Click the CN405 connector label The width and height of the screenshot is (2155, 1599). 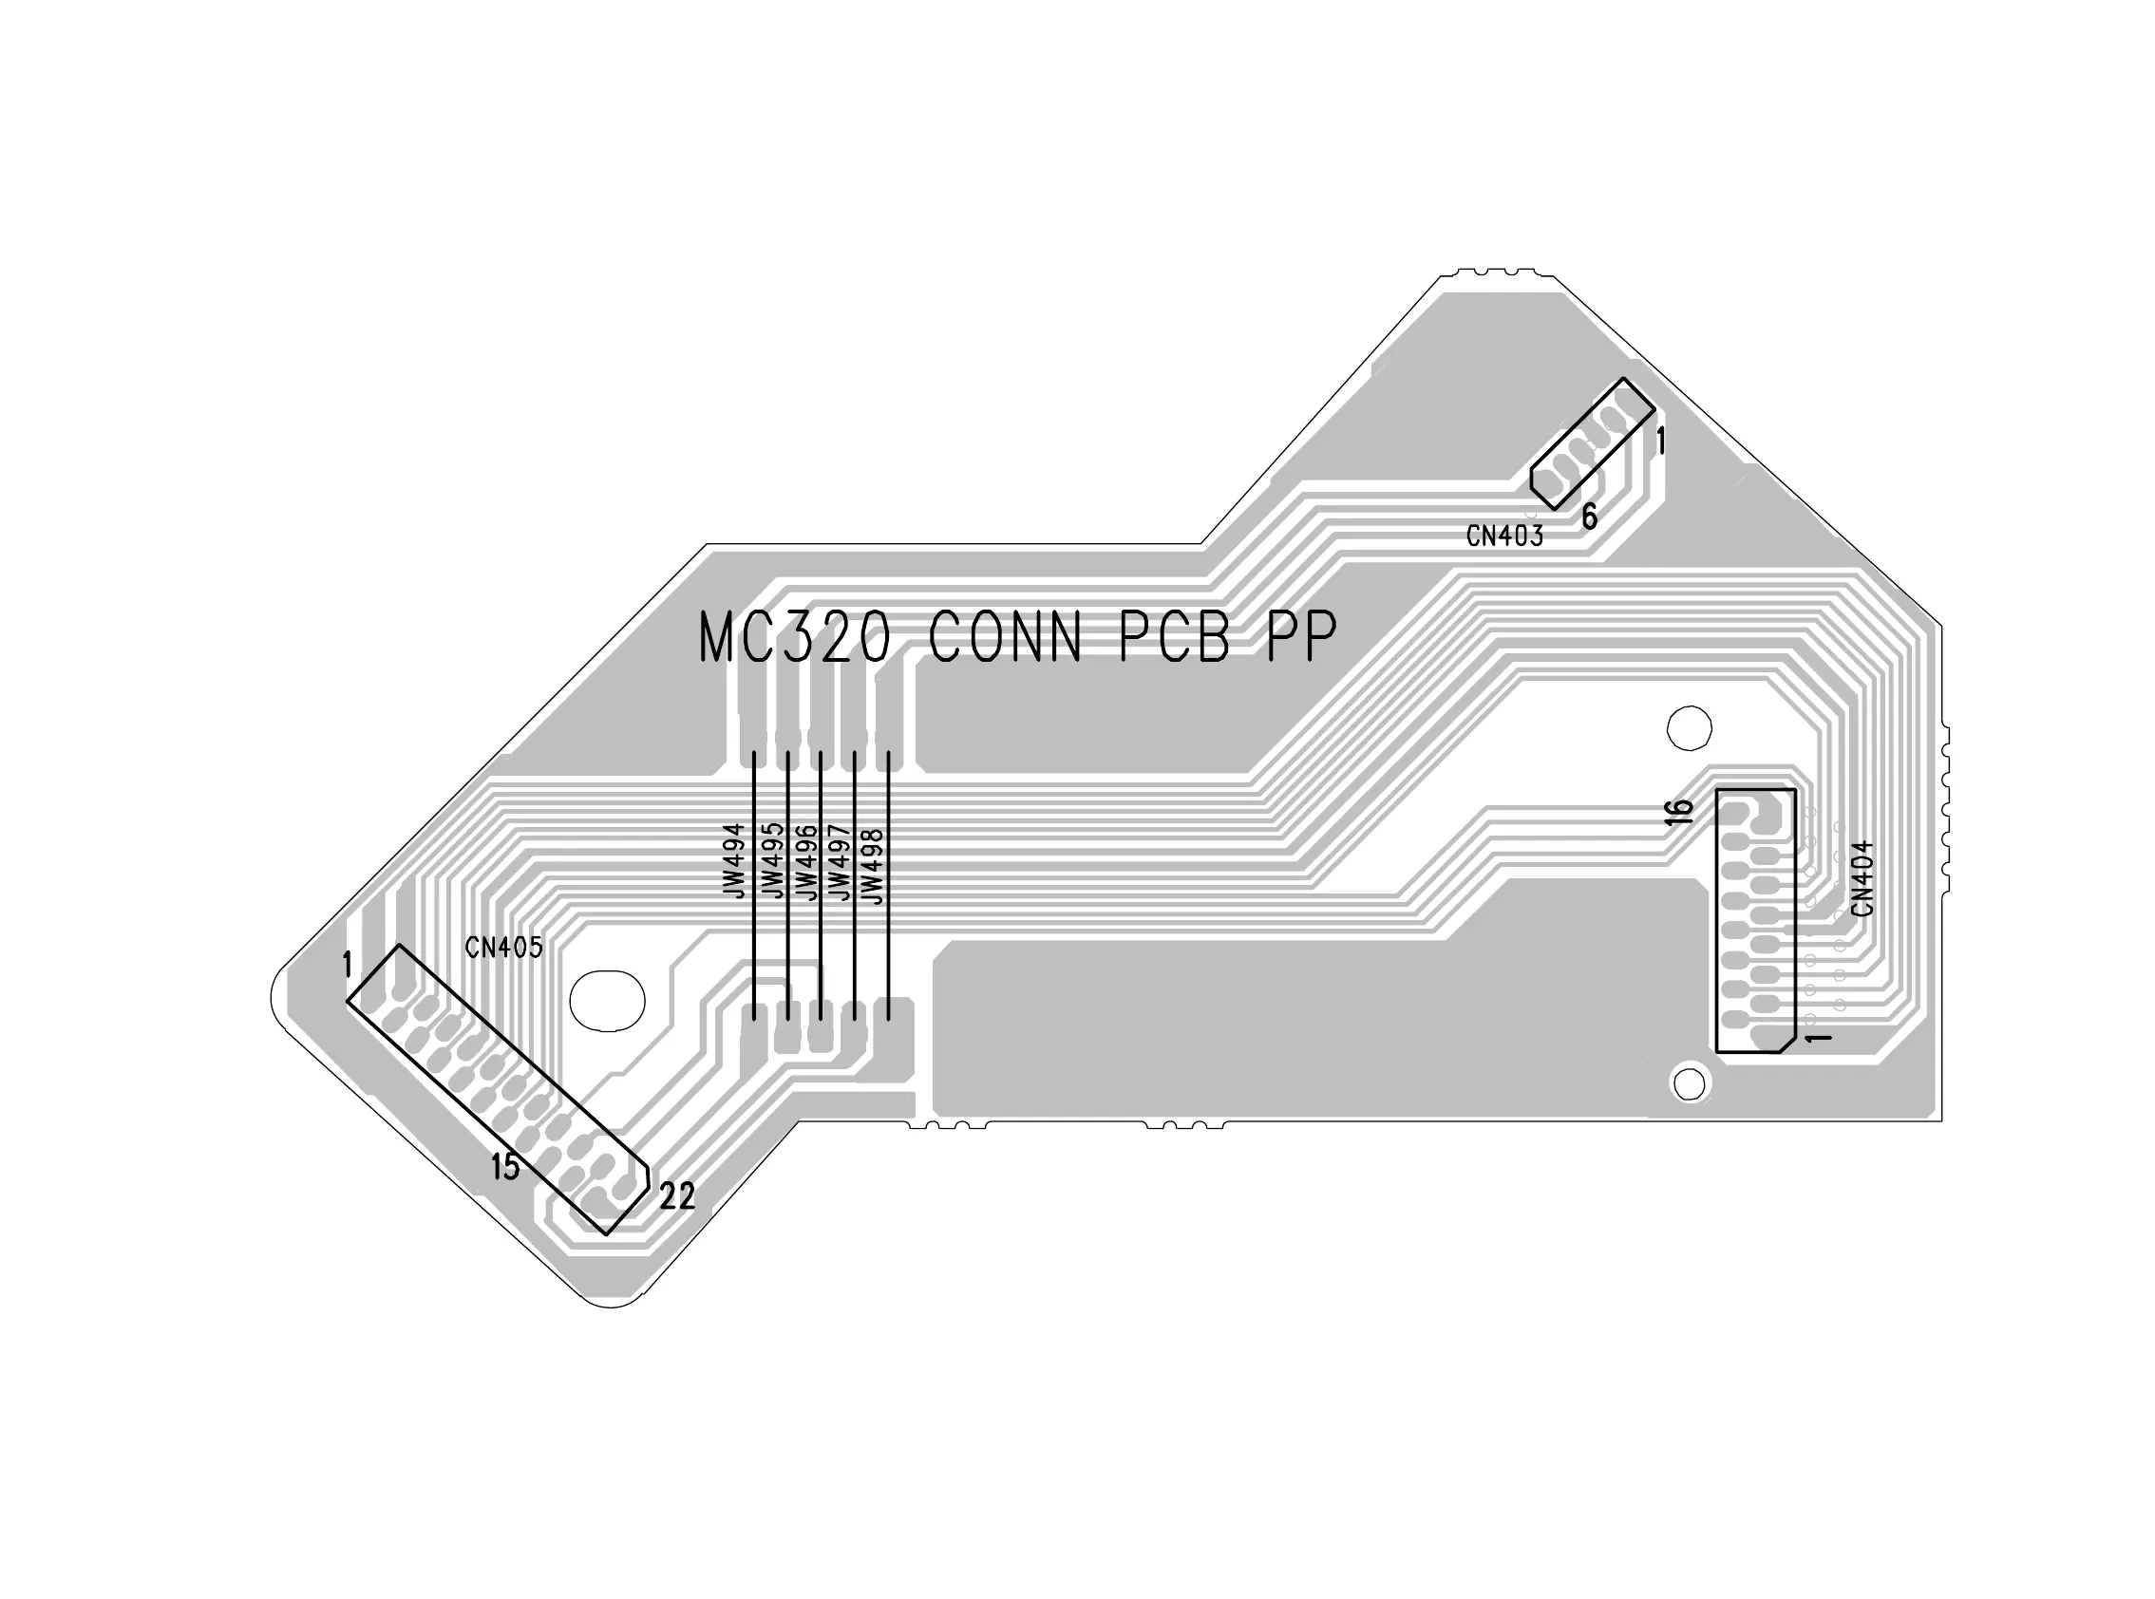click(503, 948)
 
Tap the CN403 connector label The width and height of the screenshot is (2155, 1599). click(1504, 536)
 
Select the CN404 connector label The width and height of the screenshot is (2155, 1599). click(1862, 878)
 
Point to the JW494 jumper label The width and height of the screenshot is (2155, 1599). click(735, 860)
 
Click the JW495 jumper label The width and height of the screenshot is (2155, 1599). click(771, 860)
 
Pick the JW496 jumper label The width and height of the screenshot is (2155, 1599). click(805, 860)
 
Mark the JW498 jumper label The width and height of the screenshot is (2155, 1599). click(872, 865)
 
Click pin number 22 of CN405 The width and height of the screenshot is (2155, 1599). click(677, 1197)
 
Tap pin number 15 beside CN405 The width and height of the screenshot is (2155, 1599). click(505, 1167)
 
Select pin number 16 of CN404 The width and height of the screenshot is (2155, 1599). click(1680, 811)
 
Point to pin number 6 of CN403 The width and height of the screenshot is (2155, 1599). click(1590, 517)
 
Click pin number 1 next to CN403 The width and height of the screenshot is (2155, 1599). click(1661, 442)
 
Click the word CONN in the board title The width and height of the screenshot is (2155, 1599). click(1004, 637)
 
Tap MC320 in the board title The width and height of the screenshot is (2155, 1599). click(794, 637)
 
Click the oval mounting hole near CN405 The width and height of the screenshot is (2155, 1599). click(607, 1000)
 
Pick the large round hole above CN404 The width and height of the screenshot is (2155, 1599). click(1690, 728)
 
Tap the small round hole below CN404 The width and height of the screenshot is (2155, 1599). click(1690, 1084)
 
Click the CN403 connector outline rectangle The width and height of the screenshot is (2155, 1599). click(1593, 444)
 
